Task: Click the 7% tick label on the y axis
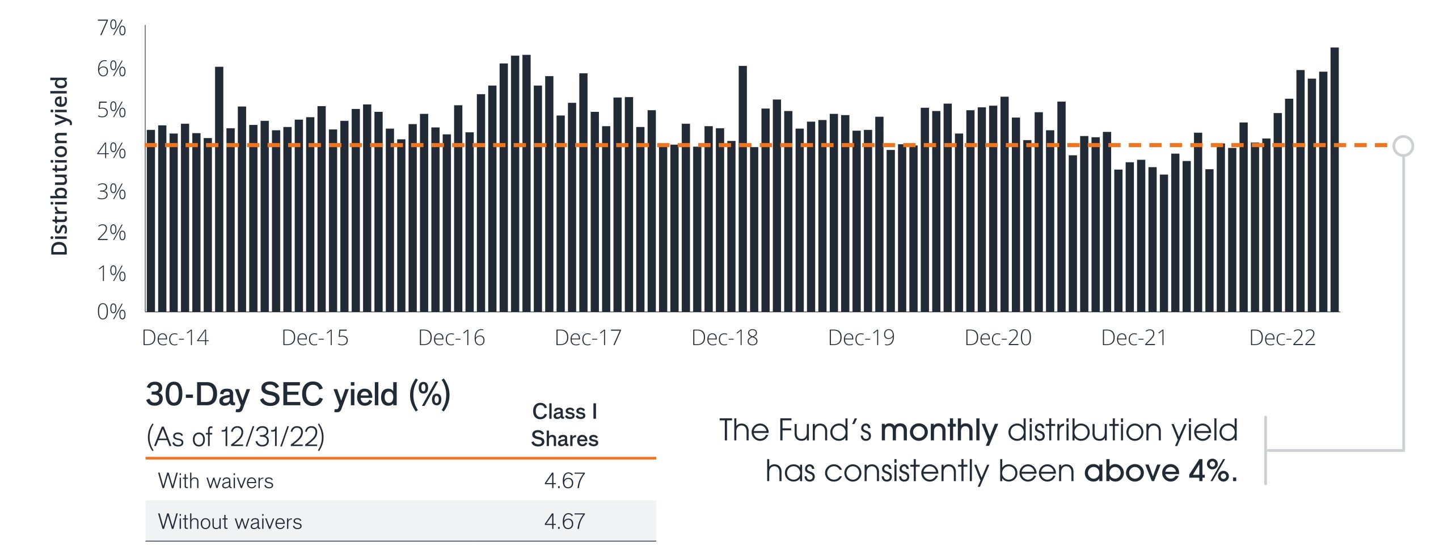point(111,28)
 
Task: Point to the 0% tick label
point(111,312)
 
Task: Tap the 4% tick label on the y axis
point(111,151)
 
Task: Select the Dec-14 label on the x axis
point(175,338)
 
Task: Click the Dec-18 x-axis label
point(724,338)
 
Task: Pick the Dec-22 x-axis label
point(1282,338)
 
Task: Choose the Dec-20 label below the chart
point(998,338)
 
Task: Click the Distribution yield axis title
point(60,166)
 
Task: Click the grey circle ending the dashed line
point(1403,146)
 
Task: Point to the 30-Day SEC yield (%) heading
point(298,395)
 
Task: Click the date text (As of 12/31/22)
point(235,437)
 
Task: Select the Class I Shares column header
point(564,425)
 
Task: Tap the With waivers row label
point(216,481)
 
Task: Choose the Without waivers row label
point(230,522)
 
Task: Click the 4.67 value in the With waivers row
point(564,481)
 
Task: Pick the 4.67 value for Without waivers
point(564,522)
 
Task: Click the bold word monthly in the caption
point(939,430)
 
